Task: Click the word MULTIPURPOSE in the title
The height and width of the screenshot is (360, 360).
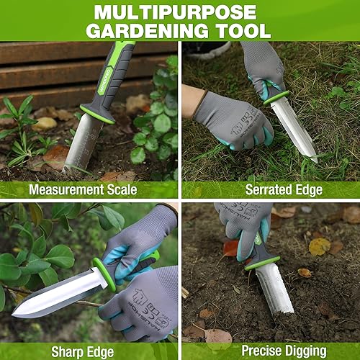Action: (176, 12)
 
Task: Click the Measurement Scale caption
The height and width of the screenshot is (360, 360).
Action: (89, 191)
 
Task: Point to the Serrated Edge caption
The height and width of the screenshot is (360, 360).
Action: (271, 191)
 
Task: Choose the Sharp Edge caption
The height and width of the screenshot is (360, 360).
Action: (89, 352)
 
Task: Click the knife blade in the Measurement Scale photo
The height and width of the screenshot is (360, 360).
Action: (82, 144)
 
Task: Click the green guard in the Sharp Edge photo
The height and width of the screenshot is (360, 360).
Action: (104, 274)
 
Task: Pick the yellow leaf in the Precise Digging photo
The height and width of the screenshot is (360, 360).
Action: (319, 246)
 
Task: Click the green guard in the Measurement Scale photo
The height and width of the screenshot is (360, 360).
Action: (97, 114)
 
